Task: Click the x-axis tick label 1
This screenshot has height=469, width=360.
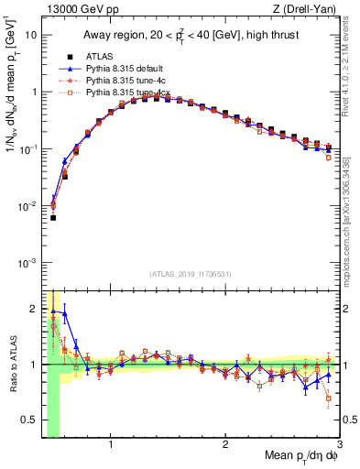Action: [111, 446]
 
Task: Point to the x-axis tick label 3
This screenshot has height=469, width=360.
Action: [339, 446]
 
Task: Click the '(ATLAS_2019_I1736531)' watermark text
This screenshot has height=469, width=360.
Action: [191, 273]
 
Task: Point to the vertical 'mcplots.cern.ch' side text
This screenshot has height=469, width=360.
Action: [352, 220]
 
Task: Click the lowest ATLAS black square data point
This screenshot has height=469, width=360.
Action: [53, 218]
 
